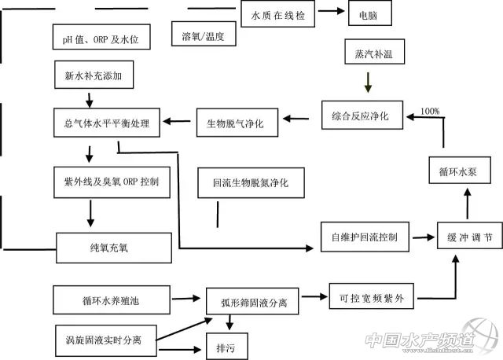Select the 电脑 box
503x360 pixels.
[366, 14]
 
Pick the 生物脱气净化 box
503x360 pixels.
[233, 123]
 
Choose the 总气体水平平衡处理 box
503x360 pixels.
[106, 122]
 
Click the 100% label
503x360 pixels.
[431, 111]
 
